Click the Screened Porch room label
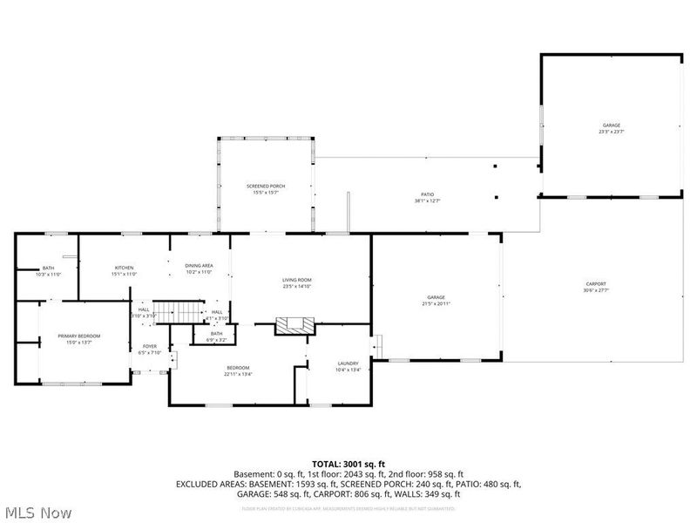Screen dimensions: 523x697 coord(266,187)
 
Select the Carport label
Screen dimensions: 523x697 coord(596,283)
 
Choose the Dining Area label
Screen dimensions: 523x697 coord(199,265)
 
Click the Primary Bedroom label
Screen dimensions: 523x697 coord(79,336)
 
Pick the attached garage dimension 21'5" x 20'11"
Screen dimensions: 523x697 coord(436,303)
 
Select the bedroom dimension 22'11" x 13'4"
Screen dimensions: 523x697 coord(238,373)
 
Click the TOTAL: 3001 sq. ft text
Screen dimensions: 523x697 coord(348,463)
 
